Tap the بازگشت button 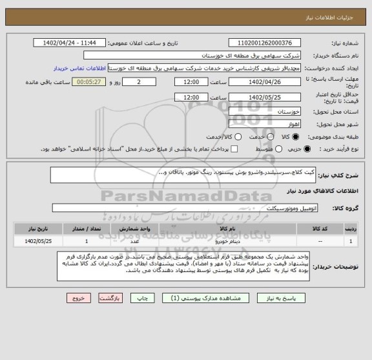click(x=110, y=299)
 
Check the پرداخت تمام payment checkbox click(x=234, y=149)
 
